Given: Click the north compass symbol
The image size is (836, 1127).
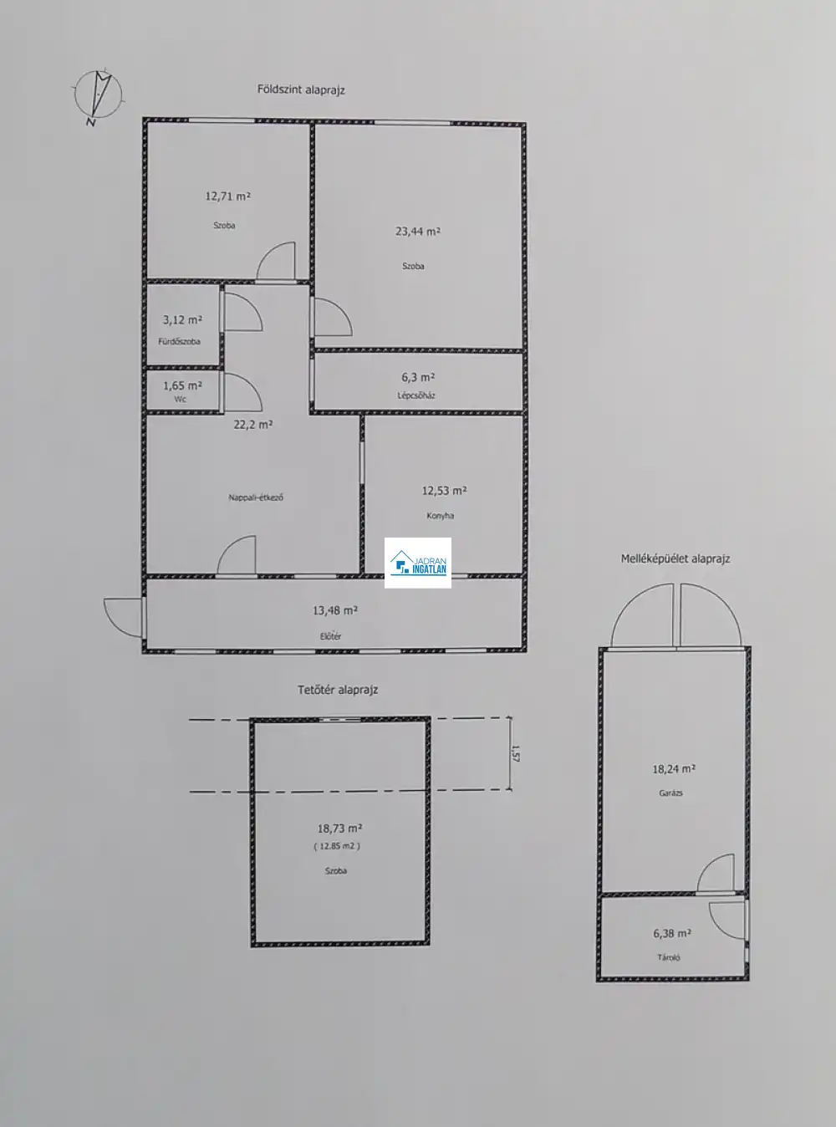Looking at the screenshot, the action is point(98,96).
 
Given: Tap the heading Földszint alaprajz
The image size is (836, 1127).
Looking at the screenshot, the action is point(301,90).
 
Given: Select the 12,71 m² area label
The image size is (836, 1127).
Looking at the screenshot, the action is point(227,196).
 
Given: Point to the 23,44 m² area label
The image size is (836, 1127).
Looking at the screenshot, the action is point(418,232).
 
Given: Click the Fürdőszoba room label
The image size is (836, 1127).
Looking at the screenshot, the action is point(179,341).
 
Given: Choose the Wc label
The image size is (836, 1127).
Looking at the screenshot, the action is point(180,400).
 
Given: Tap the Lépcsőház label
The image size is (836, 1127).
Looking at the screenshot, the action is point(416,395).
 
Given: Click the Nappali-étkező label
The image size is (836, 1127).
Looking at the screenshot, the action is point(256,497).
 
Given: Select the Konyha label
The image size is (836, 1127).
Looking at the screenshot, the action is point(440,516).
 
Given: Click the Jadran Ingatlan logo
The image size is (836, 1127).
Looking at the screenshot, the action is point(418,563).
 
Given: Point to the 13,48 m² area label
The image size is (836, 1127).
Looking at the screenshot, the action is point(335,610).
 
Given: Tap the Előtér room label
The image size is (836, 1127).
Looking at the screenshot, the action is point(330,636).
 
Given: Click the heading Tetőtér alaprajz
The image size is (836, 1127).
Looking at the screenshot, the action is point(338,690).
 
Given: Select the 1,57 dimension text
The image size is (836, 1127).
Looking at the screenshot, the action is point(515,753).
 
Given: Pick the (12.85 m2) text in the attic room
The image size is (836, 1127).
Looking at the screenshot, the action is point(337,846).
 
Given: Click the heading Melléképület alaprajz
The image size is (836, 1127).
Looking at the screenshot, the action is point(675,559).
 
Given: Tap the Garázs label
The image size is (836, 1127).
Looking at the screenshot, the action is point(670,793).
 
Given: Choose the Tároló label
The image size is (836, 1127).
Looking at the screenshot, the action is point(668,958).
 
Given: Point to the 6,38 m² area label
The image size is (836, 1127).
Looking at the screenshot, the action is point(672,933).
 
